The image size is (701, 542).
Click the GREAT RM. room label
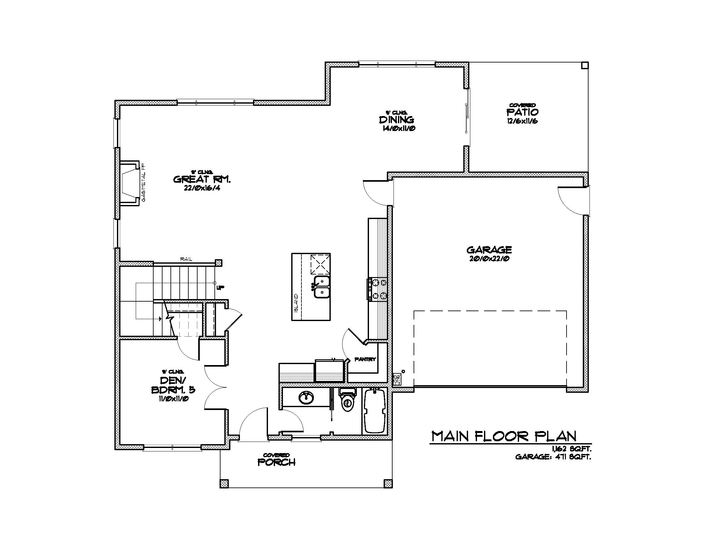[202, 179]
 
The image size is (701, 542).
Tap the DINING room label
[397, 120]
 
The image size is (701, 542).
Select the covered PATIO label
[522, 112]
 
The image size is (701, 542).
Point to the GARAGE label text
[489, 250]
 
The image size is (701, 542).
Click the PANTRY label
[365, 360]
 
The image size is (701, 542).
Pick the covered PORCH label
[276, 462]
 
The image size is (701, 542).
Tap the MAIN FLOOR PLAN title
[504, 436]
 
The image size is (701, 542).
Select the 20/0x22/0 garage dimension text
[489, 259]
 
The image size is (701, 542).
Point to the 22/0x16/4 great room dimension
[202, 188]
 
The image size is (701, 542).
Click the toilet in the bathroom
[348, 401]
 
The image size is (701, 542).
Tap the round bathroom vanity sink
[306, 398]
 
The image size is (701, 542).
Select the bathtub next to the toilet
[375, 411]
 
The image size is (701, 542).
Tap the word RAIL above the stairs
[186, 259]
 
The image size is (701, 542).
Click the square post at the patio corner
[584, 65]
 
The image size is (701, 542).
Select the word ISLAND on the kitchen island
[296, 304]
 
